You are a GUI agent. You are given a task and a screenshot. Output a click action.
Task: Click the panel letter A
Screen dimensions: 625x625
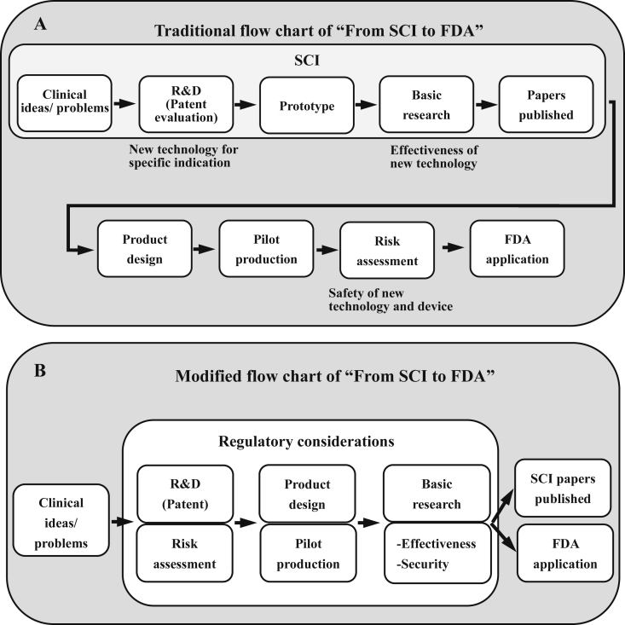click(40, 25)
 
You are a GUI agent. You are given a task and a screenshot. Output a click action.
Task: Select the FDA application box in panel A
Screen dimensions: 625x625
click(517, 249)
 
